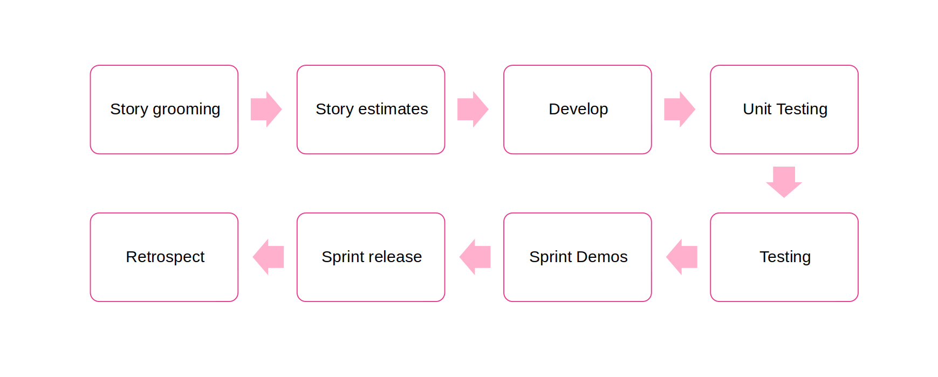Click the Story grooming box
coord(164,109)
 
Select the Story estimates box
coord(371,109)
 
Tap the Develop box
coord(578,109)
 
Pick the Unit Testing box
coord(784,109)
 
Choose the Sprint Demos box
coord(578,257)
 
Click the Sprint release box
coord(371,257)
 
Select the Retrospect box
coord(164,257)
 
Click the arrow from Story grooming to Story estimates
coord(266,109)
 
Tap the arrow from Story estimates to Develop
coord(473,109)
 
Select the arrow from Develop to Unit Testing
coord(680,109)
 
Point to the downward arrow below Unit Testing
coord(784,182)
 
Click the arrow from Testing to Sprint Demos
coord(682,257)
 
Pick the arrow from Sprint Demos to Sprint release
coord(475,257)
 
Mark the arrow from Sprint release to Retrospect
coord(268,257)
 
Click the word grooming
coord(187,110)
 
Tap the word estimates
coord(393,109)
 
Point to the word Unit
coord(757,109)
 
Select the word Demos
coord(601,257)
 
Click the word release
coord(395,257)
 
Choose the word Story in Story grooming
coord(129,110)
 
